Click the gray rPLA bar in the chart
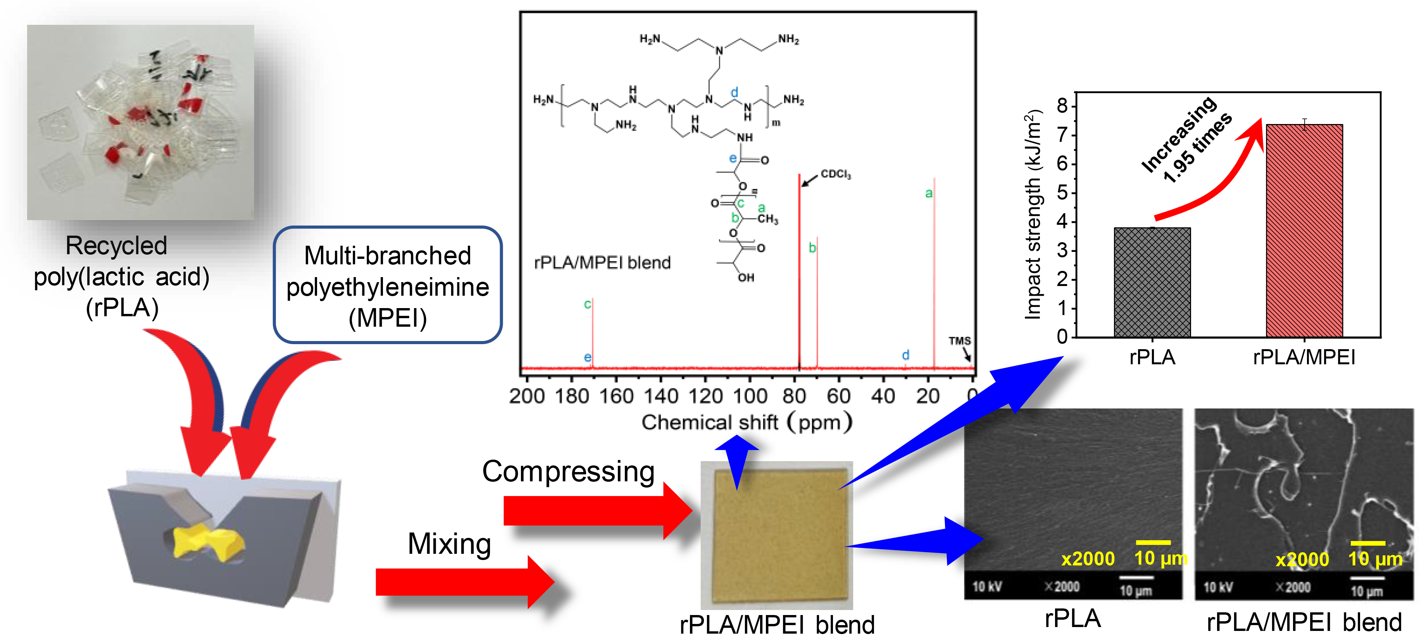(1152, 282)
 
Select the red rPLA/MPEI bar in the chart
(1304, 231)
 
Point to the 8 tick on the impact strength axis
(1062, 106)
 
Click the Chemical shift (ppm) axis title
(747, 422)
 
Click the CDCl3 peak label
(836, 174)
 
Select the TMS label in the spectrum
(959, 341)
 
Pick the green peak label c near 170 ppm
(587, 304)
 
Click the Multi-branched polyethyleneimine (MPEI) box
(388, 285)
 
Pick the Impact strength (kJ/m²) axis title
(1033, 215)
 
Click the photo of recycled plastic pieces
(140, 122)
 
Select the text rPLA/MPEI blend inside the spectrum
(602, 263)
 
